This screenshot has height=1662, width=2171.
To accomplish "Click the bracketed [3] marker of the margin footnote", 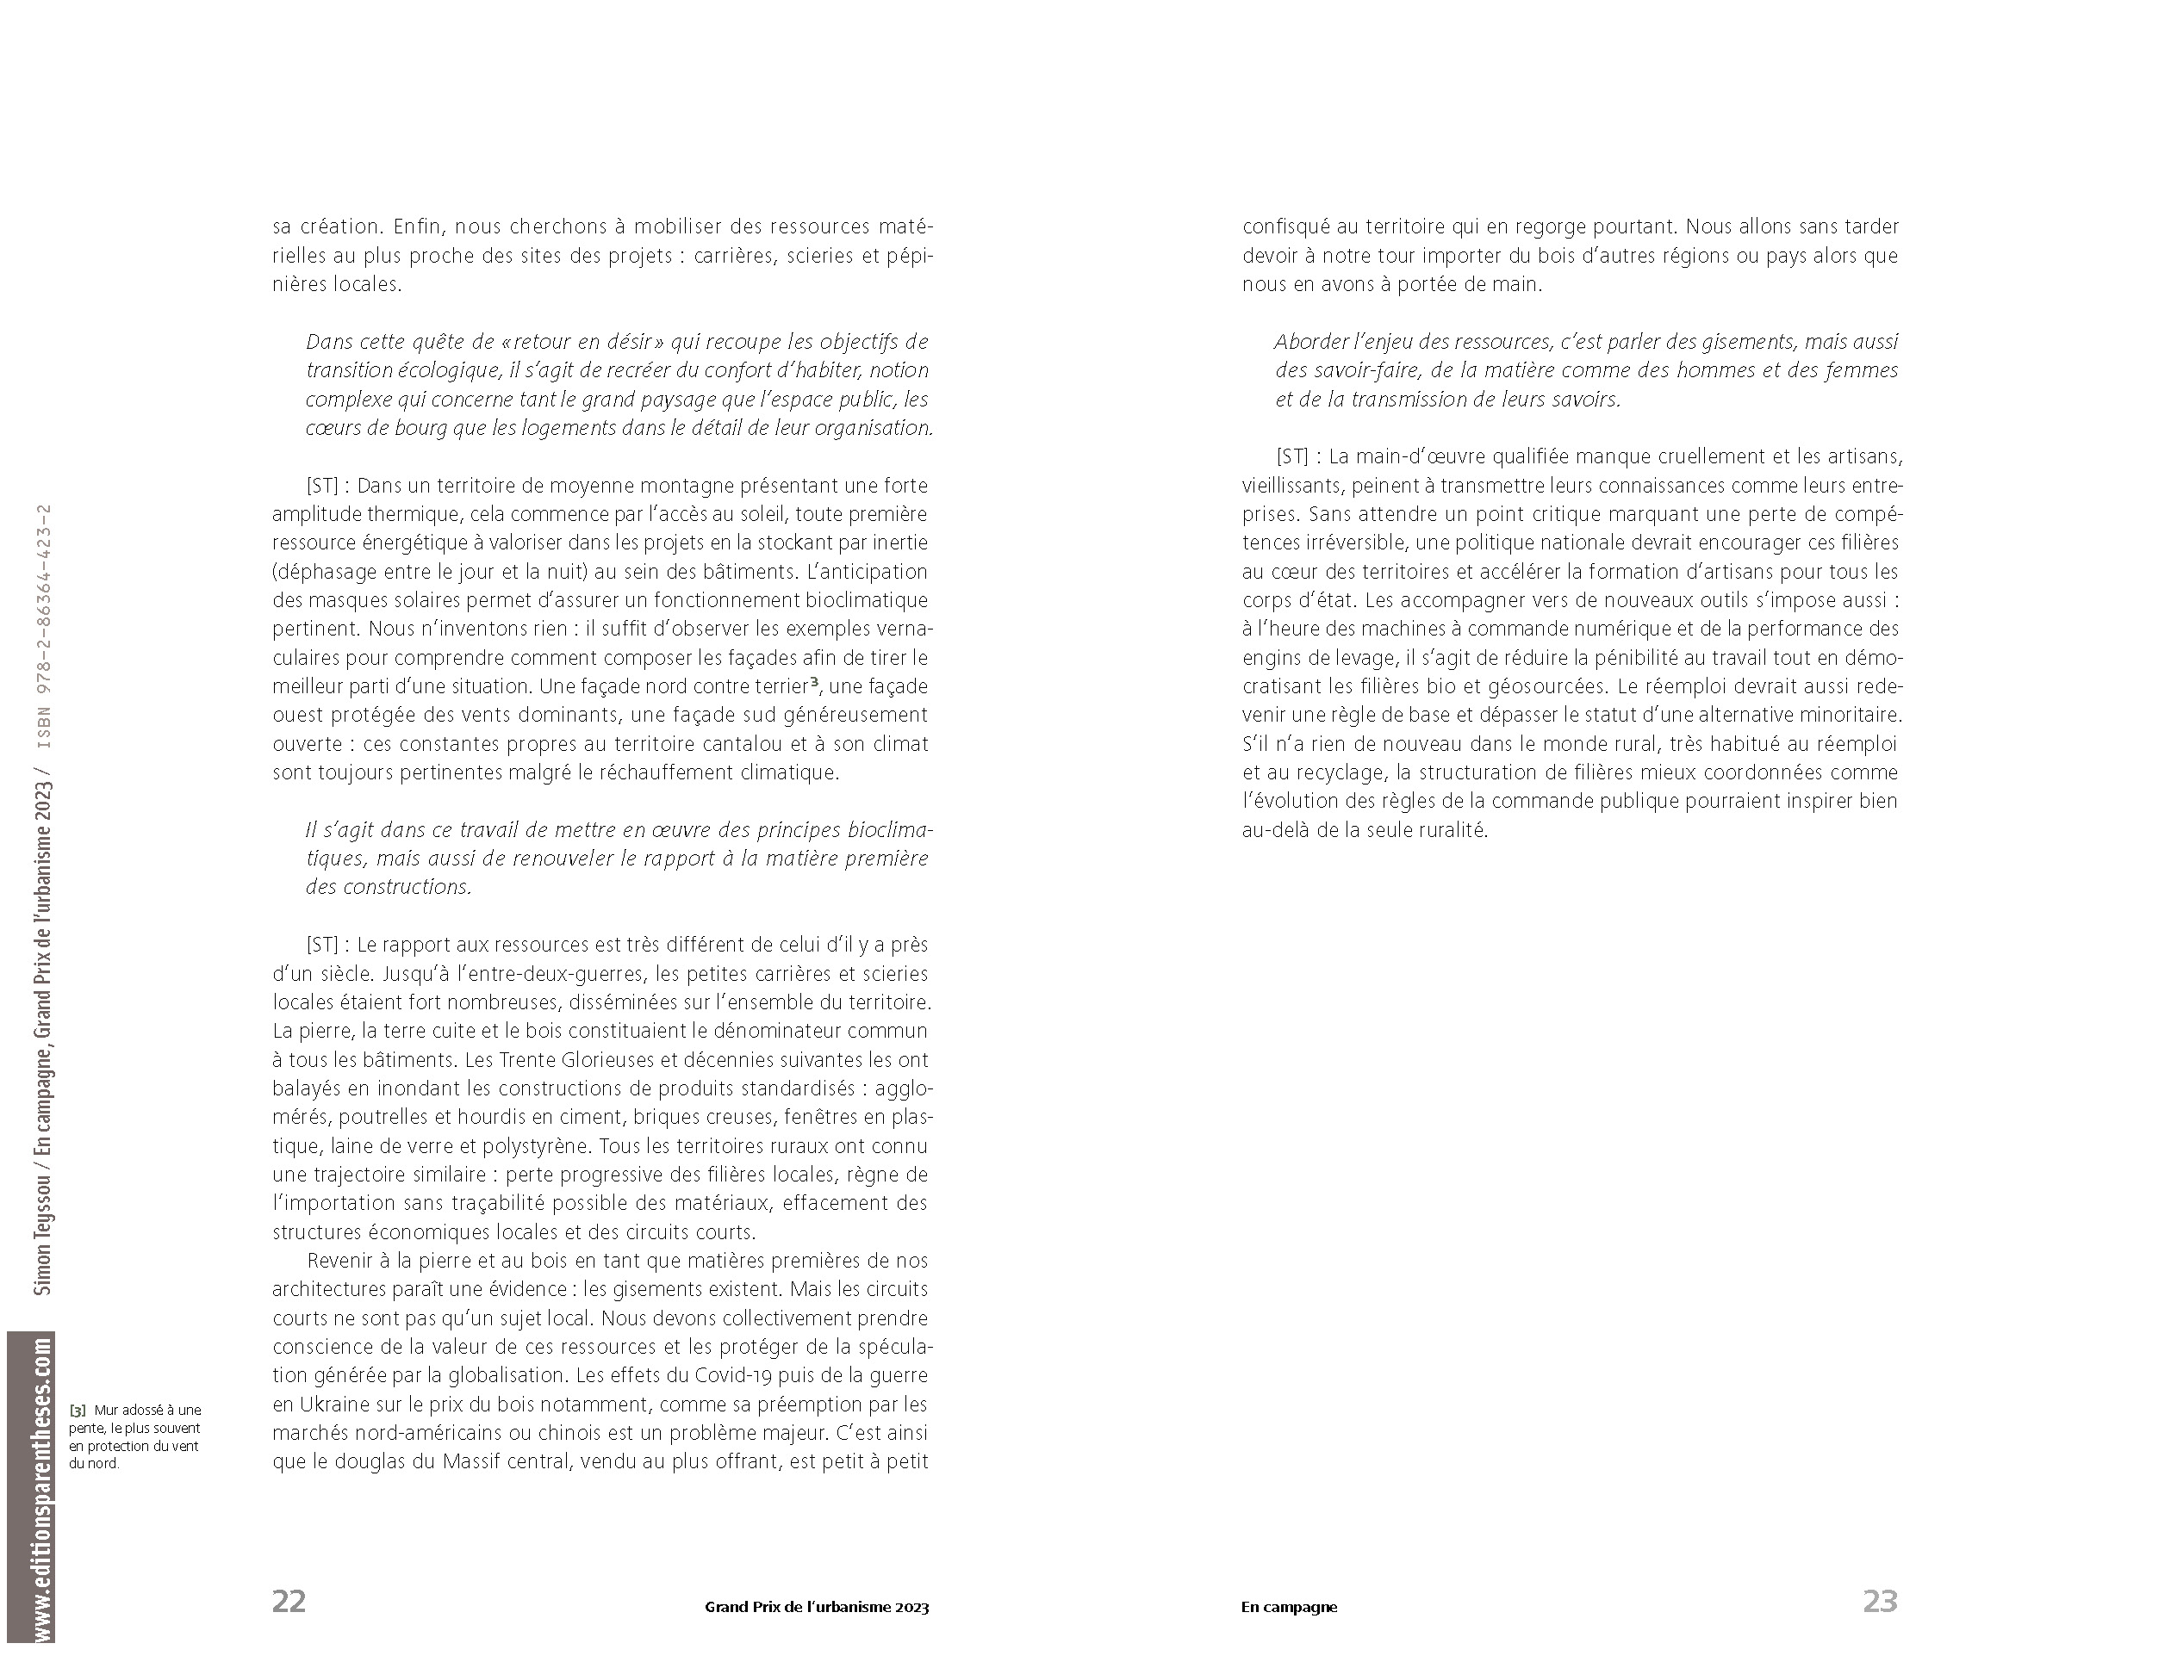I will pos(78,1410).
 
